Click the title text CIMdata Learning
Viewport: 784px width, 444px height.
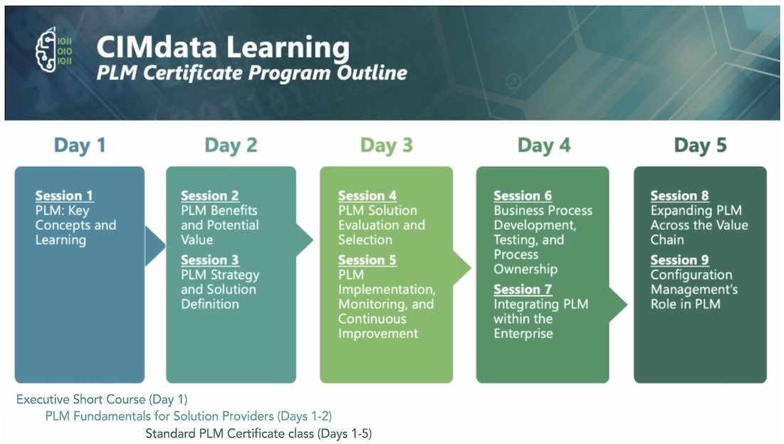(223, 48)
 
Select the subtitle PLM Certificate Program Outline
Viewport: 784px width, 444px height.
(251, 73)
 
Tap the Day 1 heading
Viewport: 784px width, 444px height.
(80, 145)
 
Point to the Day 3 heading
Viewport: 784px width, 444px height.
(387, 145)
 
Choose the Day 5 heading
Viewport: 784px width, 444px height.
(700, 145)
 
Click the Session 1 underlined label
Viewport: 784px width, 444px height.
(64, 196)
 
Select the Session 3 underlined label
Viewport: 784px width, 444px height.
(210, 260)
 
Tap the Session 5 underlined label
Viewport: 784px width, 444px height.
(367, 260)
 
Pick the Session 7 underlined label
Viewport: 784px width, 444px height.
(523, 289)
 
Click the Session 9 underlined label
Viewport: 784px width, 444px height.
(679, 260)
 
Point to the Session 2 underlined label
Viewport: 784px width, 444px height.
(210, 196)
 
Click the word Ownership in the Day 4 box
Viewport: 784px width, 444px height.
(526, 269)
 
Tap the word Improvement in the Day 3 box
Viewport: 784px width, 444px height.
(378, 334)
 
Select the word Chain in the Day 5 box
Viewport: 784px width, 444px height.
(667, 239)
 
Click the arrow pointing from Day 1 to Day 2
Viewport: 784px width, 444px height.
(155, 246)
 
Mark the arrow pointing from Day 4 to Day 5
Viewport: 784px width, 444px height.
(618, 304)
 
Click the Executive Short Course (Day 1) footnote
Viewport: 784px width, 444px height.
(102, 399)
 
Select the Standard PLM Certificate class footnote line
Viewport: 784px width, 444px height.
(258, 433)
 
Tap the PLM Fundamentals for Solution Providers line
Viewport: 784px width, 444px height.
(189, 416)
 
